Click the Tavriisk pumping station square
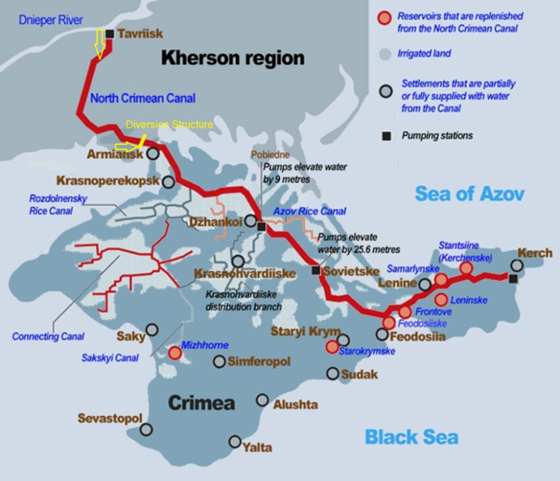(x=110, y=34)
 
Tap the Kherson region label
(x=233, y=58)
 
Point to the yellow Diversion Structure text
(x=169, y=125)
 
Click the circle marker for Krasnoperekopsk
(x=167, y=182)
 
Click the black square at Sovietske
(x=316, y=271)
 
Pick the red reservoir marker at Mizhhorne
(x=175, y=353)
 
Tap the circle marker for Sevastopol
(x=146, y=429)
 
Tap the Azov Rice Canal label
(x=310, y=212)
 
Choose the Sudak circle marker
(x=333, y=374)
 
